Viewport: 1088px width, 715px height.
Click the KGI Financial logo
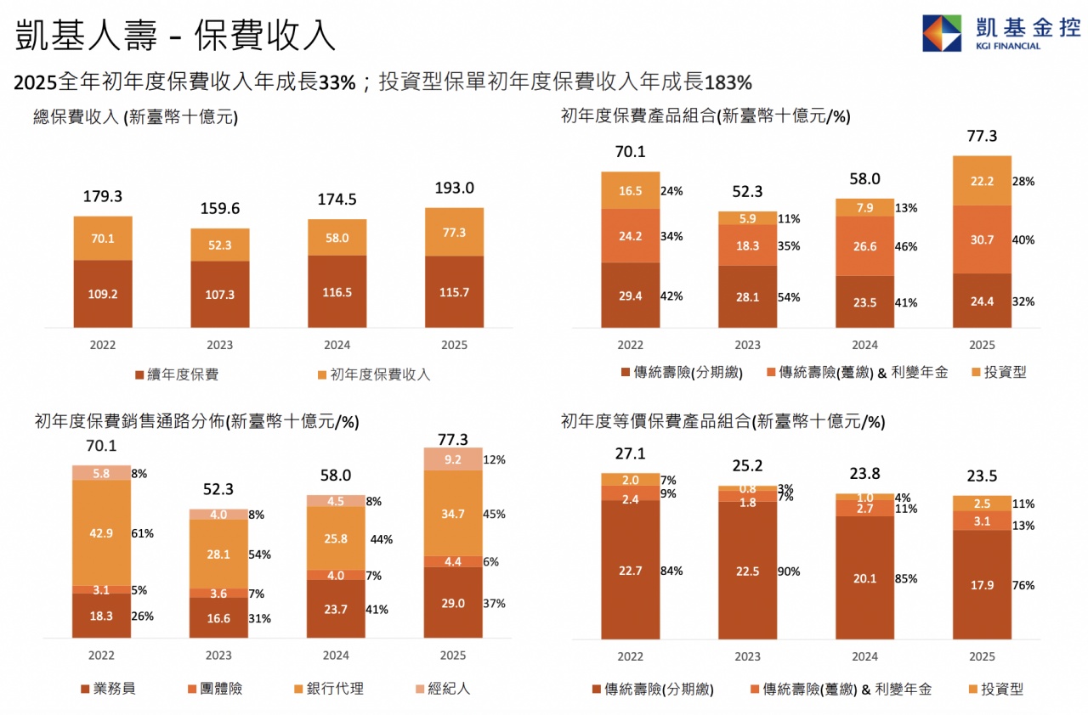coord(1000,32)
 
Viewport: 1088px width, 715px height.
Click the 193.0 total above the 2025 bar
coord(454,188)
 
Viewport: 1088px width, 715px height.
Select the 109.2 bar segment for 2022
coord(103,293)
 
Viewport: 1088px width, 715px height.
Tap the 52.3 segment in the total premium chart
coord(219,245)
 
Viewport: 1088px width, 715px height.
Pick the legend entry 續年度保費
coord(176,374)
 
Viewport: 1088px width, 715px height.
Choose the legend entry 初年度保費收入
coord(373,374)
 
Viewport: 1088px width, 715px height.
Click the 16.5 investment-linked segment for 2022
coord(630,191)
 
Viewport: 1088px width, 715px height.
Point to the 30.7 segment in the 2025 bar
coord(982,240)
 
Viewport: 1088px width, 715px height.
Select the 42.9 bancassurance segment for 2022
coord(101,533)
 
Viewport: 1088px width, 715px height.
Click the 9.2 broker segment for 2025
coord(453,459)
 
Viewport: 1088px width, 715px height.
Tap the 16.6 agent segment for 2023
coord(218,618)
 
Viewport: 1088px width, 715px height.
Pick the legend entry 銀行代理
coord(327,688)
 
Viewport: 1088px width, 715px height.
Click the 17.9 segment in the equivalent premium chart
coord(982,584)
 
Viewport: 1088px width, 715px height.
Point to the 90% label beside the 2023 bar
coord(789,571)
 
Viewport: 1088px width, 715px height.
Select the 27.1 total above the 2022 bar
coord(630,453)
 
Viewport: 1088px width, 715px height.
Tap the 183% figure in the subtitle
coord(728,82)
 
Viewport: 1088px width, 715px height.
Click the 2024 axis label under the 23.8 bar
coord(864,656)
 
